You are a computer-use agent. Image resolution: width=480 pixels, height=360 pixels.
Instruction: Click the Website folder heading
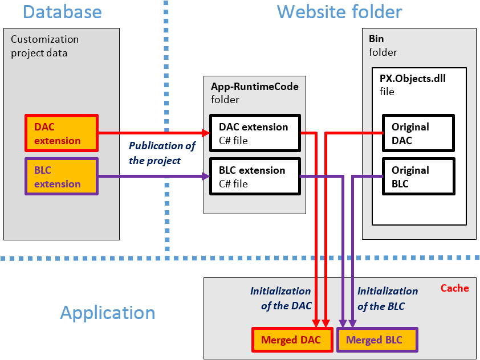pyautogui.click(x=339, y=12)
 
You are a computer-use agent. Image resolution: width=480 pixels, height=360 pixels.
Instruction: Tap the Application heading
pyautogui.click(x=107, y=313)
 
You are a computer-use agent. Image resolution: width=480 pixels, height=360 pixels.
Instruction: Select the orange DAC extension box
pyautogui.click(x=62, y=133)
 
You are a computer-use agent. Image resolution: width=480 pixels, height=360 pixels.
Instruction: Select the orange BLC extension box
pyautogui.click(x=62, y=177)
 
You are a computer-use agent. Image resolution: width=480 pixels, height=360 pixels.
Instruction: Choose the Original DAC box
pyautogui.click(x=418, y=133)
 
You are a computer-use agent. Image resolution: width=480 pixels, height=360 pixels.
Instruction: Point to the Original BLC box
pyautogui.click(x=418, y=177)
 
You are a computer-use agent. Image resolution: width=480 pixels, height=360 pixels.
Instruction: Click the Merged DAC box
pyautogui.click(x=291, y=340)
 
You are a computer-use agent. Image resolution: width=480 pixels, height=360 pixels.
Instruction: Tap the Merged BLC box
pyautogui.click(x=377, y=340)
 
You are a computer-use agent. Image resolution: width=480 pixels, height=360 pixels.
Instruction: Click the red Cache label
pyautogui.click(x=454, y=288)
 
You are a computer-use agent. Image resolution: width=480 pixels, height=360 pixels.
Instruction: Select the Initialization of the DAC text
pyautogui.click(x=280, y=298)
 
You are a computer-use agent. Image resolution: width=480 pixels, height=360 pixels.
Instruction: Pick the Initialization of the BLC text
pyautogui.click(x=387, y=298)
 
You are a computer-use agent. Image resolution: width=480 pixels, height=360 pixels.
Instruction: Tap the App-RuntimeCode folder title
pyautogui.click(x=254, y=92)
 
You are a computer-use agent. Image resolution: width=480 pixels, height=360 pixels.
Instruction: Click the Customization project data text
pyautogui.click(x=44, y=46)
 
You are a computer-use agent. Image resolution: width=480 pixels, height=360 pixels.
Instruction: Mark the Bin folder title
pyautogui.click(x=383, y=46)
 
